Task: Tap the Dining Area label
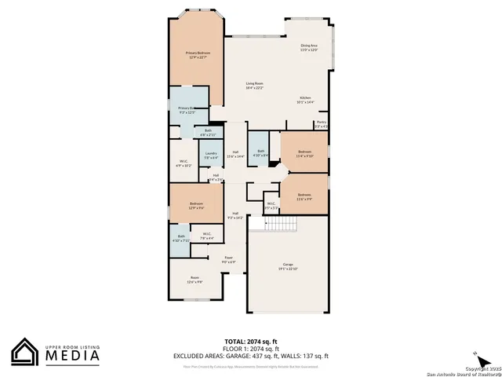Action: pos(309,47)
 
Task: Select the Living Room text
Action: pos(254,85)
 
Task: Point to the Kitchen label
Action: pos(305,99)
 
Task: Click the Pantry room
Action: pos(321,124)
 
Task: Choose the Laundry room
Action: pos(210,156)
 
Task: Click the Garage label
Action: pos(287,265)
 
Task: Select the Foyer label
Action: pos(229,258)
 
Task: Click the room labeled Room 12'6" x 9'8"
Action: pos(195,279)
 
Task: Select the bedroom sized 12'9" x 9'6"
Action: pos(196,206)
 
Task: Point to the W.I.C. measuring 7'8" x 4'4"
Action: pos(206,235)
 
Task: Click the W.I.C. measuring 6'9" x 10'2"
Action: pos(183,163)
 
